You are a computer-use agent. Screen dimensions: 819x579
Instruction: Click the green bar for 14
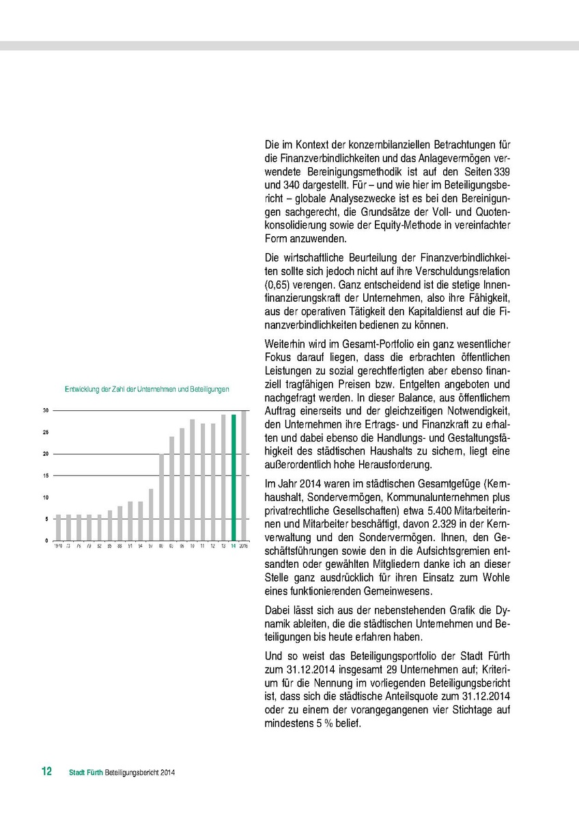(233, 478)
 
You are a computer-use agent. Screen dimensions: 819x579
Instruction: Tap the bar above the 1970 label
(57, 528)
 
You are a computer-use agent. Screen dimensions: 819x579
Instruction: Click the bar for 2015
(244, 476)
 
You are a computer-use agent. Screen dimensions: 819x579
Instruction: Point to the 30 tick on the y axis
(45, 410)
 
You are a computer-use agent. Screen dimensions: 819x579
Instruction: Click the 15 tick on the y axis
(45, 476)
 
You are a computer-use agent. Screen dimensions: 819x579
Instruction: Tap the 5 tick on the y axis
(45, 519)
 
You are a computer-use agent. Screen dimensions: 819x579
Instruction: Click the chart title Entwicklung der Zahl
(146, 389)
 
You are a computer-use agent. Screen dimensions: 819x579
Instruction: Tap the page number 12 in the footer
(46, 772)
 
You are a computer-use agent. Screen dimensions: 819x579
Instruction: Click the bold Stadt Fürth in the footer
(86, 773)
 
